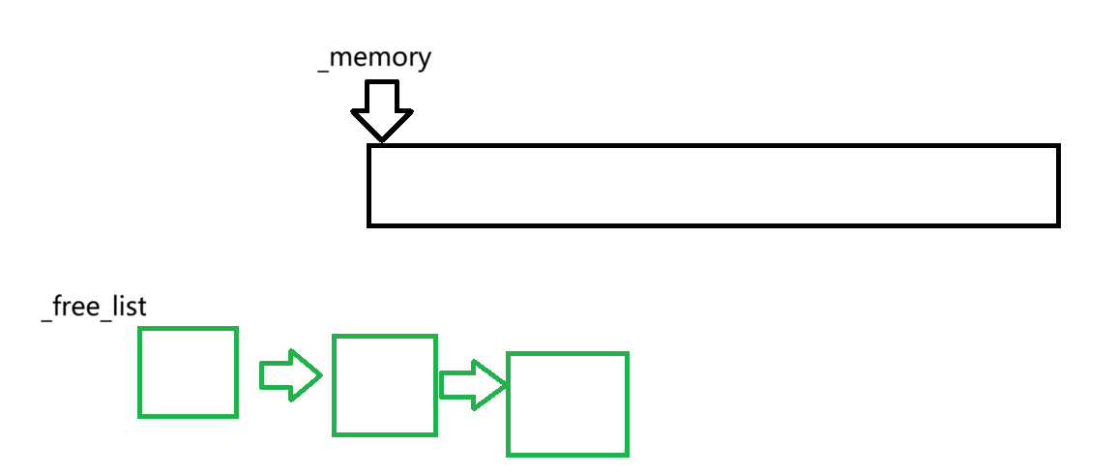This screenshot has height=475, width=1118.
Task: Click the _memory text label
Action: (374, 58)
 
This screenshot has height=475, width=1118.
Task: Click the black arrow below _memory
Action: (382, 109)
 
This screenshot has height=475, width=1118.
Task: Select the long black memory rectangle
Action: (714, 186)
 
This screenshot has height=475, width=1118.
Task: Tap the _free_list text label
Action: (94, 308)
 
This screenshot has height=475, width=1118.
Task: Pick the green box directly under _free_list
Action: (188, 372)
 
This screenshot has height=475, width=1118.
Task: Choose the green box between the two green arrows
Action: (385, 384)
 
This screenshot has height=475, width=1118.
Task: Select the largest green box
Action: (568, 404)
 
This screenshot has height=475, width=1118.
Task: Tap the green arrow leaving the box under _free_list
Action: (289, 374)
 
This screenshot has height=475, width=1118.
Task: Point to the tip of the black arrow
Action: (382, 141)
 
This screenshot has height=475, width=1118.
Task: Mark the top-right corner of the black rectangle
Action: (1058, 146)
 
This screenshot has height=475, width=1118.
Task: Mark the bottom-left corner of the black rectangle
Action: (369, 224)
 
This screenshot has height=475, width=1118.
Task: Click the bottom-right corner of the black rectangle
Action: (1058, 224)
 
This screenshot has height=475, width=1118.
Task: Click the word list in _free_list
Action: (128, 308)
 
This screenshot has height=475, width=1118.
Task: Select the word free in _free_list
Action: (76, 308)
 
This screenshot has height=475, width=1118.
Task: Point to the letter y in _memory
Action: (423, 60)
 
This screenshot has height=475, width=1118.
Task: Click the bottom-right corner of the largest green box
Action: (627, 454)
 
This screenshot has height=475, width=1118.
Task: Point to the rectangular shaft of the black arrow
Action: (382, 96)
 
